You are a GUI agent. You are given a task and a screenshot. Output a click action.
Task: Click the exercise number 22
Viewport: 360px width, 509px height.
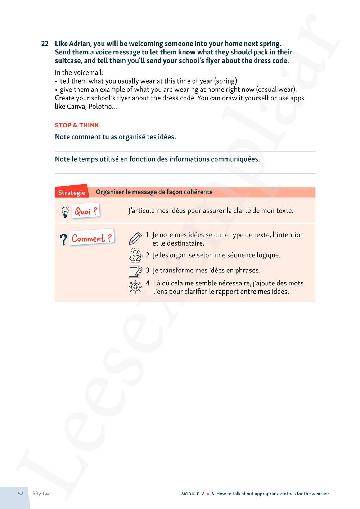[x=45, y=44]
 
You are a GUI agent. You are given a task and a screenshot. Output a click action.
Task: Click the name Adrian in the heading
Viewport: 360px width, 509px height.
[x=80, y=44]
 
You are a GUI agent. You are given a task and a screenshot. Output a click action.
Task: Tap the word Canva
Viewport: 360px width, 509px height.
[x=76, y=107]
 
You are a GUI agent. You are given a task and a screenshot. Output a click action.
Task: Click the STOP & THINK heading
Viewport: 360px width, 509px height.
[x=77, y=125]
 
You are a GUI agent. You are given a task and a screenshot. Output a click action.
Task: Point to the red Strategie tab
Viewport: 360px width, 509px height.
[x=72, y=192]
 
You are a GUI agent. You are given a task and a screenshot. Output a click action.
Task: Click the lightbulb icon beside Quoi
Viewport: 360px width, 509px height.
[x=65, y=211]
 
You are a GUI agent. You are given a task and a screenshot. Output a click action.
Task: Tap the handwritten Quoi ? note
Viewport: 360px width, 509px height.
[x=86, y=211]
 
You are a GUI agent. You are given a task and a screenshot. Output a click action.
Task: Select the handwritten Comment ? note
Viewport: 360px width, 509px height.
[x=91, y=238]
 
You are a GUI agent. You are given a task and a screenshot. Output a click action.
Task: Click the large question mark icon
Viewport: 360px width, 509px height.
[x=63, y=239]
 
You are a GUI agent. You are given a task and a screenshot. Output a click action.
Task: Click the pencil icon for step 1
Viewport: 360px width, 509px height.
[x=135, y=238]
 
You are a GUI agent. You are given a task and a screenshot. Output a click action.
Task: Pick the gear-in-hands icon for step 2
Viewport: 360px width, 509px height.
[x=135, y=255]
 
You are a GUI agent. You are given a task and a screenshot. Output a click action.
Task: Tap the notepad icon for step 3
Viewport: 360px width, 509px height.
[x=135, y=271]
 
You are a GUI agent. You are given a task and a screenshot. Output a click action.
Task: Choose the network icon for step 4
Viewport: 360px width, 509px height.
[x=135, y=287]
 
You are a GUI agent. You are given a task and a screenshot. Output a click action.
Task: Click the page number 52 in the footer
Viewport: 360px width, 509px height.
[x=21, y=494]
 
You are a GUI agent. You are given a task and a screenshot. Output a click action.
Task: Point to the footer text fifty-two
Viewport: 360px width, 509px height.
[x=41, y=494]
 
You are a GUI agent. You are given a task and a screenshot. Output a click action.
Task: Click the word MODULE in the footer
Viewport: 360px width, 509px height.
[x=190, y=494]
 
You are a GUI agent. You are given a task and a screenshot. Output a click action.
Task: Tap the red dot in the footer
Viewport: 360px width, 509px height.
[x=208, y=494]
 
